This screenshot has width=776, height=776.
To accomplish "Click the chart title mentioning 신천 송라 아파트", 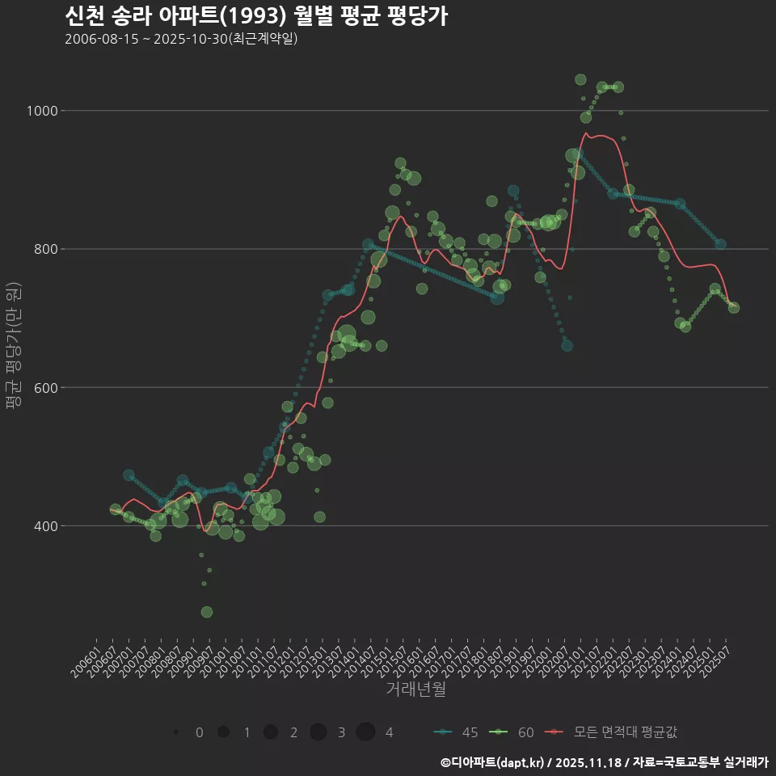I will pos(255,16).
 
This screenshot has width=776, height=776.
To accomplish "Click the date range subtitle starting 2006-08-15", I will pos(181,39).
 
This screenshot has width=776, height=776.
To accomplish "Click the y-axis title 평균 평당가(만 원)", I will pos(12,348).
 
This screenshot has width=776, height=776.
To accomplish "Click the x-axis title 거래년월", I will pos(415,689).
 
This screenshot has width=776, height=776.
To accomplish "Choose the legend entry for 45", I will pos(457,732).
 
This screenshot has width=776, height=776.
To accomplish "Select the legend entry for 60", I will pos(513,732).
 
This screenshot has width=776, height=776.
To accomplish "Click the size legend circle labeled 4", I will pos(365,732).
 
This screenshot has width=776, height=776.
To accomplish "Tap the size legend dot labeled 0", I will pos(175,732).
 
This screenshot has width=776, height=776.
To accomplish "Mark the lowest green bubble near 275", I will pos(207,612).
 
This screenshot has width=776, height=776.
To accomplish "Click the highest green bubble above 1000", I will pos(580,79).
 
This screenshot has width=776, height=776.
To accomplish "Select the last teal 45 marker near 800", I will pos(720,244).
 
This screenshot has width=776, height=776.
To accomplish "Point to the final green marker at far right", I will pos(734,307).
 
